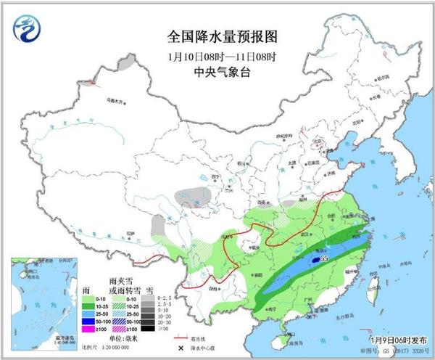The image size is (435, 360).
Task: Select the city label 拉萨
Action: point(130,234)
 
